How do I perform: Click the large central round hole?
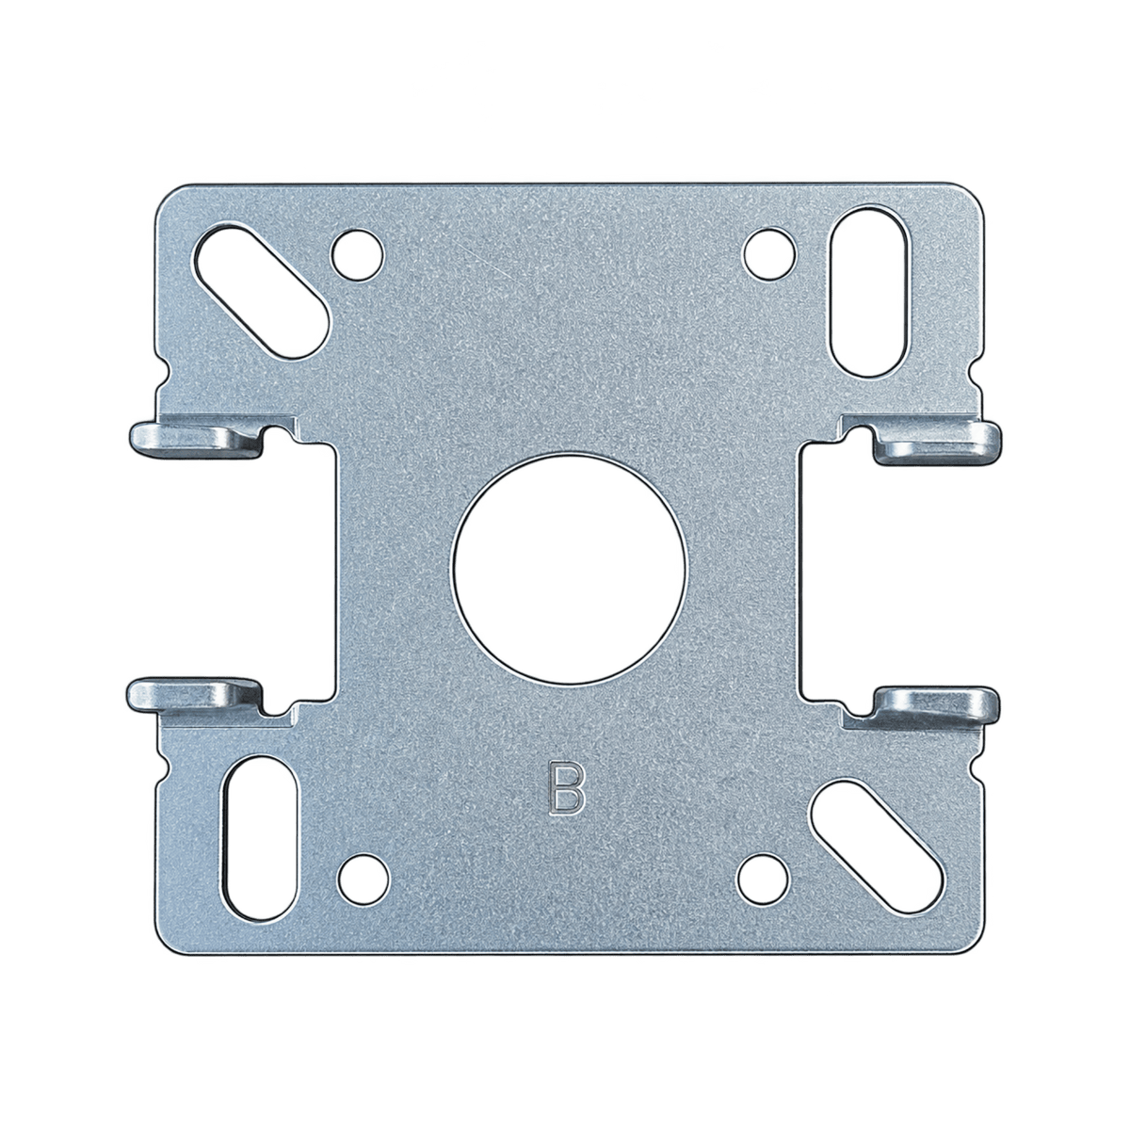[569, 569]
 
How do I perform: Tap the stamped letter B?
[567, 787]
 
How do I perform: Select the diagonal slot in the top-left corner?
[262, 291]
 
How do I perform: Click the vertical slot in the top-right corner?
[869, 291]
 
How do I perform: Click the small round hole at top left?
[357, 255]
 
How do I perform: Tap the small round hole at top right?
[769, 253]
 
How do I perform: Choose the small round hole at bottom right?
[763, 880]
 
